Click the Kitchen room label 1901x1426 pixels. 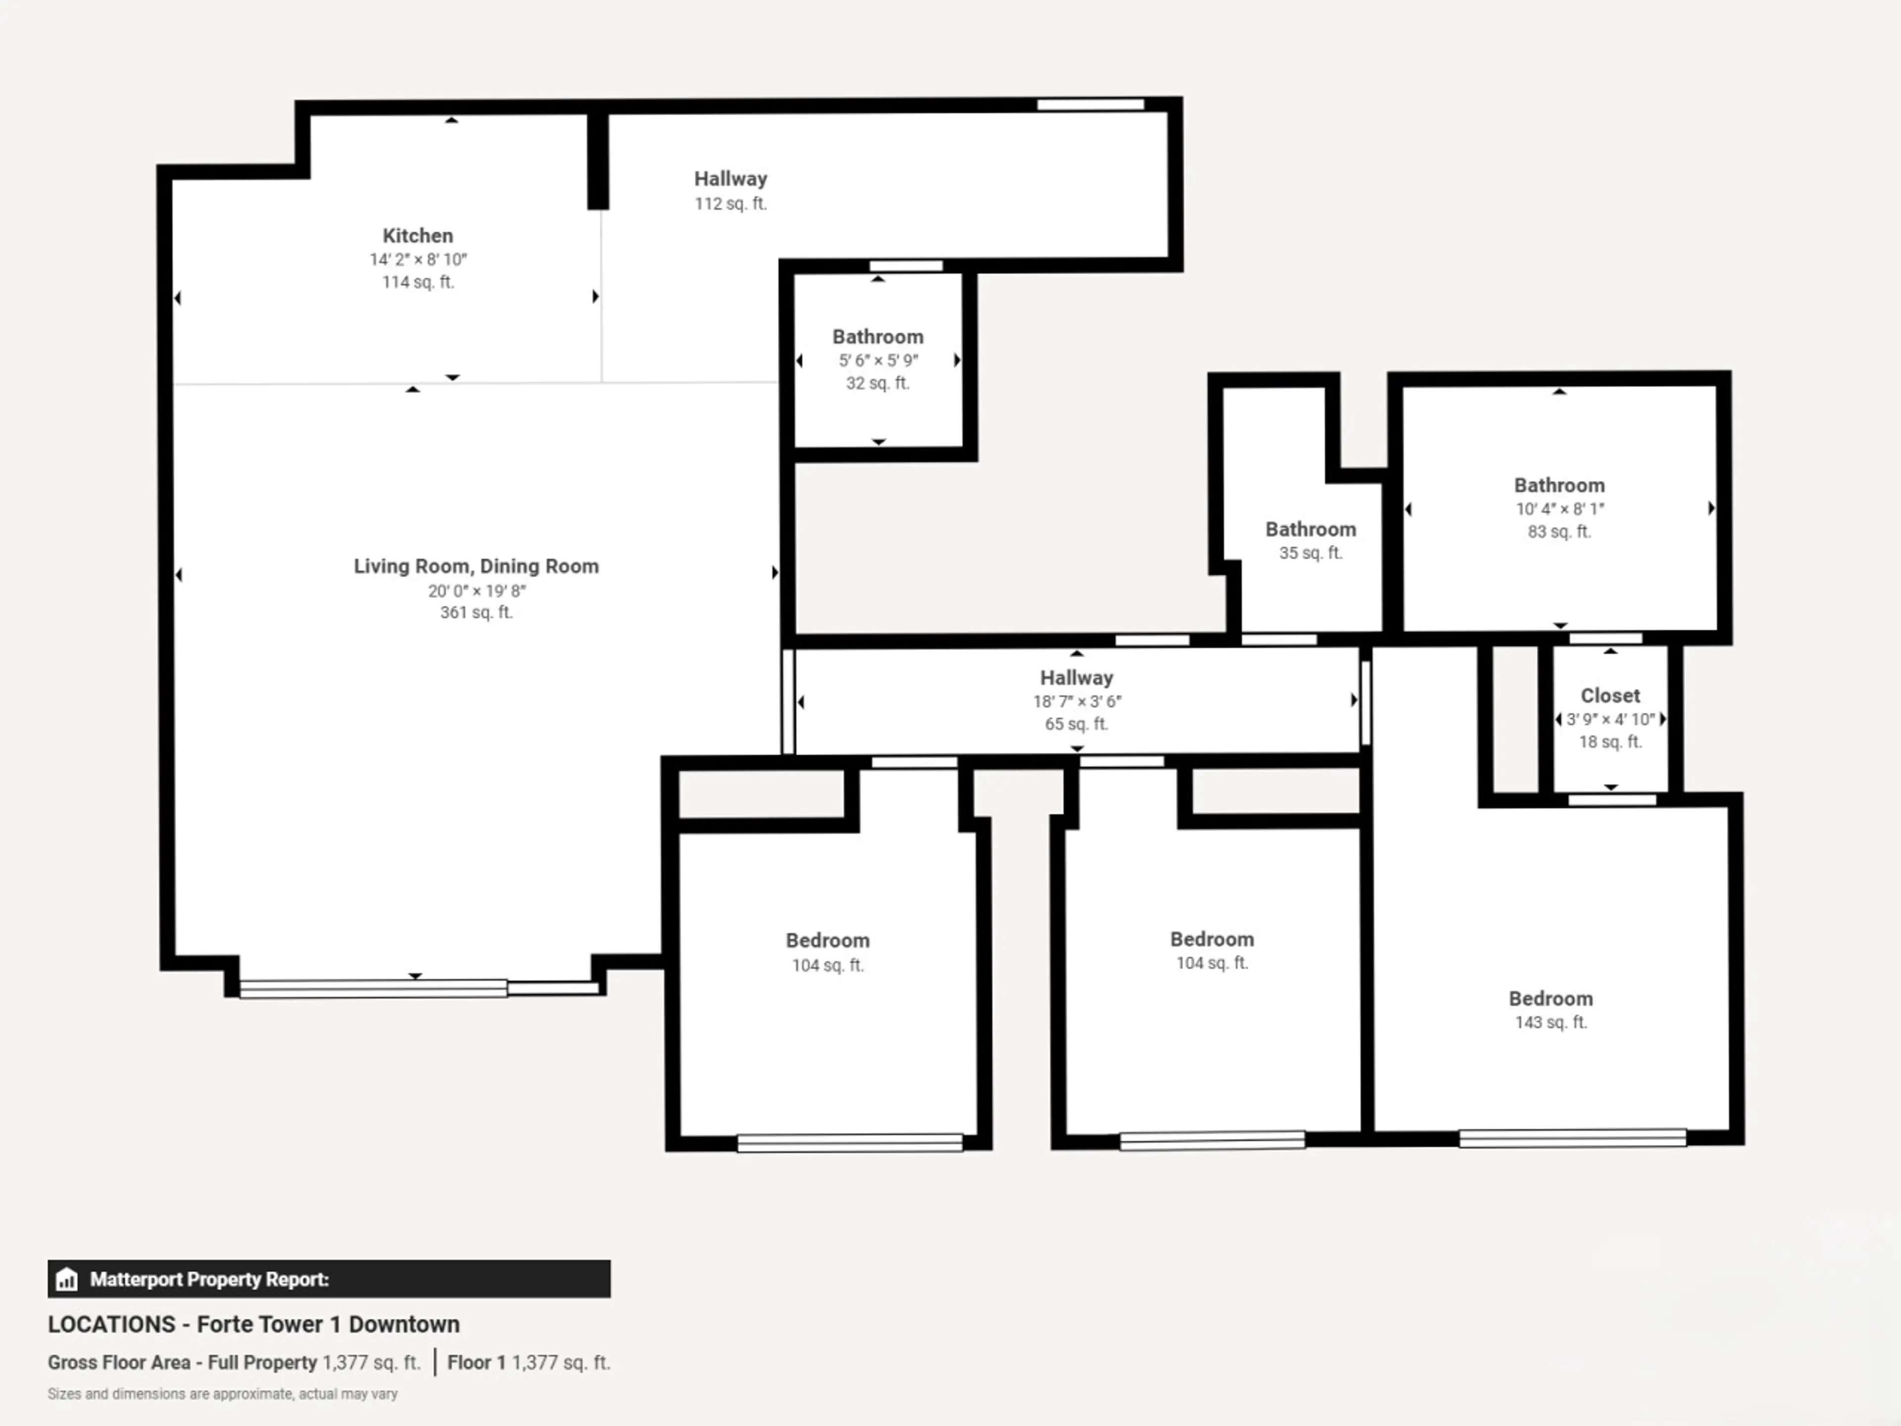(x=418, y=236)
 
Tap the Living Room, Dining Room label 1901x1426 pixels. (x=476, y=566)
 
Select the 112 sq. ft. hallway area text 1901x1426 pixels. (x=731, y=204)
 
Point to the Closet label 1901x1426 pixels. (x=1610, y=695)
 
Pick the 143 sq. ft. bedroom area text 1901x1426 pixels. (x=1551, y=1022)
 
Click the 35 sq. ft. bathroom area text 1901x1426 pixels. (x=1310, y=553)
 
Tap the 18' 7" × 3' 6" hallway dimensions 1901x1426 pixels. (x=1077, y=702)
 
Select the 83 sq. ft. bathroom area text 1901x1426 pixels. (x=1559, y=531)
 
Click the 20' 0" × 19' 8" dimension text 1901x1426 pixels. (x=477, y=591)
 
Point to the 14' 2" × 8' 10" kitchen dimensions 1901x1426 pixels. (x=418, y=259)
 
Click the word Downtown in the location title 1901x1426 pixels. (x=404, y=1324)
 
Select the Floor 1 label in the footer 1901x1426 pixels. (x=476, y=1363)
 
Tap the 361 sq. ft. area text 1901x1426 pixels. (x=476, y=612)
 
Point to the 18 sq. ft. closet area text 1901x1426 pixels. (x=1610, y=742)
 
